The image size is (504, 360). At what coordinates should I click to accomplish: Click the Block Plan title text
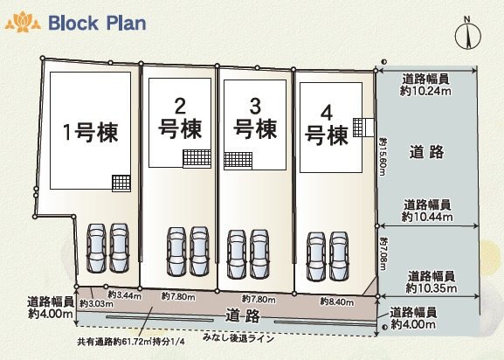pyautogui.click(x=97, y=23)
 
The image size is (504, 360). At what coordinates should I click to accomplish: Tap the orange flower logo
pyautogui.click(x=23, y=22)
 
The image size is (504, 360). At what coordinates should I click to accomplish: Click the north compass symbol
pyautogui.click(x=467, y=33)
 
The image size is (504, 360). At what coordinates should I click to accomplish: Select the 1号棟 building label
pyautogui.click(x=90, y=133)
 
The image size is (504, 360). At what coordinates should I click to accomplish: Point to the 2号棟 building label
pyautogui.click(x=180, y=118)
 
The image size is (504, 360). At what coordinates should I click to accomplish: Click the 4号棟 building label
pyautogui.click(x=327, y=125)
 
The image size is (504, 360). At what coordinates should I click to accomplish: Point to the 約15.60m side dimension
pyautogui.click(x=383, y=157)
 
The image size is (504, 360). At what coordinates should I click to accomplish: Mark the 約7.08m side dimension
pyautogui.click(x=383, y=254)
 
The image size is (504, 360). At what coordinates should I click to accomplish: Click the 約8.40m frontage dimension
pyautogui.click(x=337, y=301)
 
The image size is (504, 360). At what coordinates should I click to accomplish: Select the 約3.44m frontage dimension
pyautogui.click(x=124, y=294)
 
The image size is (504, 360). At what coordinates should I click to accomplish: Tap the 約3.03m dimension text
pyautogui.click(x=96, y=303)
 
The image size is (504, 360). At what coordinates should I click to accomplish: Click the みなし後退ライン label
pyautogui.click(x=238, y=338)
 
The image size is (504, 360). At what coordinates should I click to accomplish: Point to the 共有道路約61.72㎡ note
pyautogui.click(x=131, y=342)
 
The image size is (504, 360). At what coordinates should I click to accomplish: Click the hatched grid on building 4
pyautogui.click(x=357, y=128)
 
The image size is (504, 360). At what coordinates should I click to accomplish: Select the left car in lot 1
pyautogui.click(x=96, y=248)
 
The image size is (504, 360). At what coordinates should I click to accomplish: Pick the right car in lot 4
pyautogui.click(x=339, y=257)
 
